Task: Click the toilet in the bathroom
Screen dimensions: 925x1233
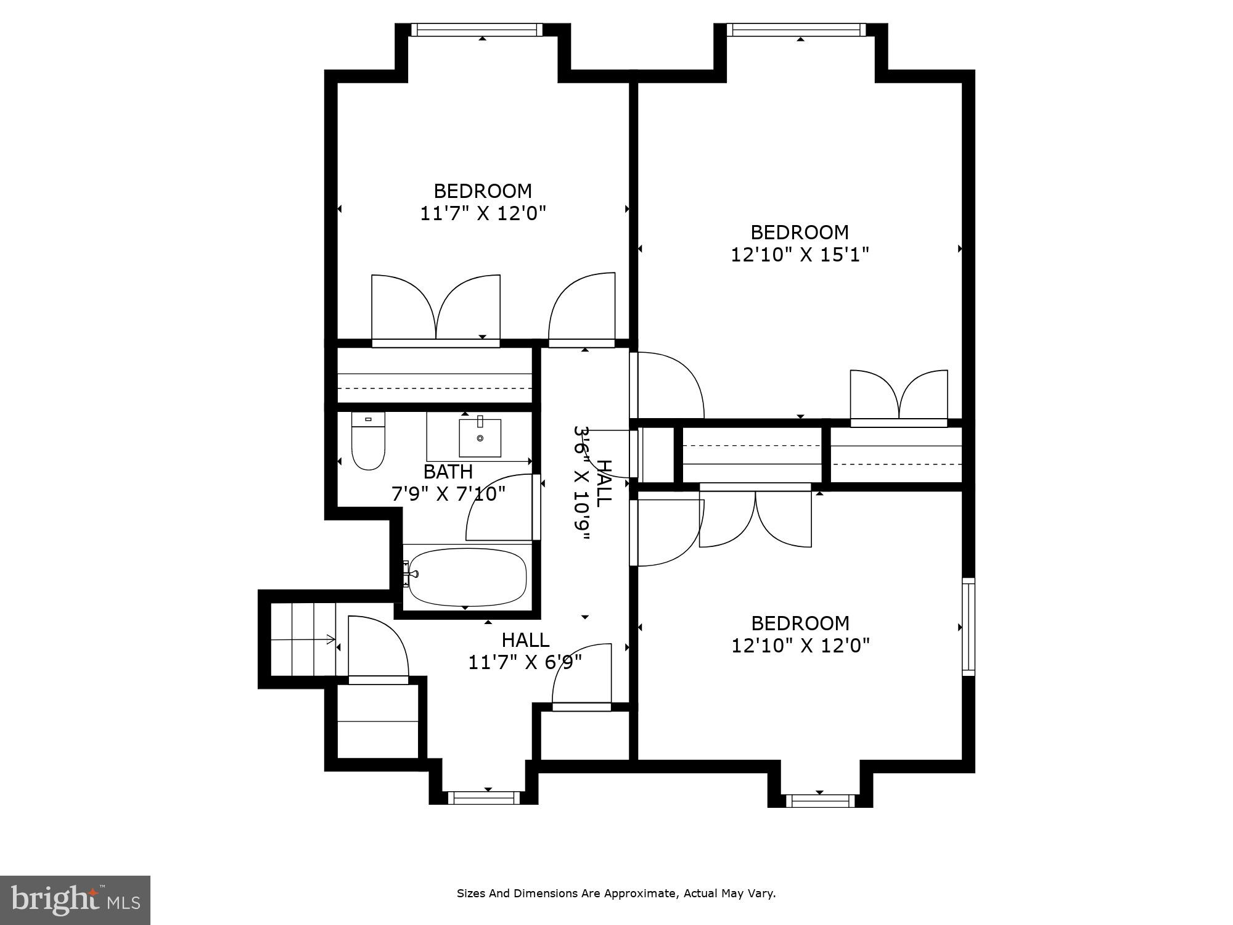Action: pyautogui.click(x=368, y=443)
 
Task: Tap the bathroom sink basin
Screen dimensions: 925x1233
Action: pyautogui.click(x=480, y=438)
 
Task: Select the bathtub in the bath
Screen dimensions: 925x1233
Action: pyautogui.click(x=467, y=577)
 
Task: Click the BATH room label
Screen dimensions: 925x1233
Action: pyautogui.click(x=448, y=472)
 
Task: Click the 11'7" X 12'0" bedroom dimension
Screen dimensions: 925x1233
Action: pyautogui.click(x=483, y=213)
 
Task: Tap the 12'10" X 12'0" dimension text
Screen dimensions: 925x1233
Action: pyautogui.click(x=800, y=646)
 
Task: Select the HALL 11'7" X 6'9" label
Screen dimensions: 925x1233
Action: pyautogui.click(x=525, y=651)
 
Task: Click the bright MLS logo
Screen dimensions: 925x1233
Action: pyautogui.click(x=75, y=900)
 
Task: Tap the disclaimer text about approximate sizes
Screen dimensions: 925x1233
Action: pyautogui.click(x=616, y=893)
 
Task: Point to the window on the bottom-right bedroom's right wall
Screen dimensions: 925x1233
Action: pyautogui.click(x=969, y=627)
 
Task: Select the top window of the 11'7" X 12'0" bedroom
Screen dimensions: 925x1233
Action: pyautogui.click(x=477, y=30)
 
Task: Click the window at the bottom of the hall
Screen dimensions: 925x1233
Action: pyautogui.click(x=484, y=798)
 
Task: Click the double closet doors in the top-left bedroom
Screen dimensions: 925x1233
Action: pyautogui.click(x=436, y=308)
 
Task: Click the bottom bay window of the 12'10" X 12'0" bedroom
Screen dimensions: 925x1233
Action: pyautogui.click(x=820, y=800)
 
